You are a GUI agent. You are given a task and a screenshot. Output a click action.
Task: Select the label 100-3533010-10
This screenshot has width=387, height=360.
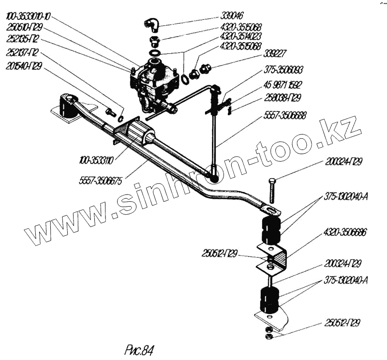(x=29, y=17)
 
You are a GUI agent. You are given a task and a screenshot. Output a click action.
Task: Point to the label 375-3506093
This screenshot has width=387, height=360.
(x=283, y=70)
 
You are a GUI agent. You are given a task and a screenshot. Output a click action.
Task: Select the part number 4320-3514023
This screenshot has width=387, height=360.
(x=240, y=36)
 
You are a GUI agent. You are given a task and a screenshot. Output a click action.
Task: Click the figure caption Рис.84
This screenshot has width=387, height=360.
(x=141, y=349)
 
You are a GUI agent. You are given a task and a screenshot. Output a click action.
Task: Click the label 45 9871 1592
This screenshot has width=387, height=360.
(x=283, y=84)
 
